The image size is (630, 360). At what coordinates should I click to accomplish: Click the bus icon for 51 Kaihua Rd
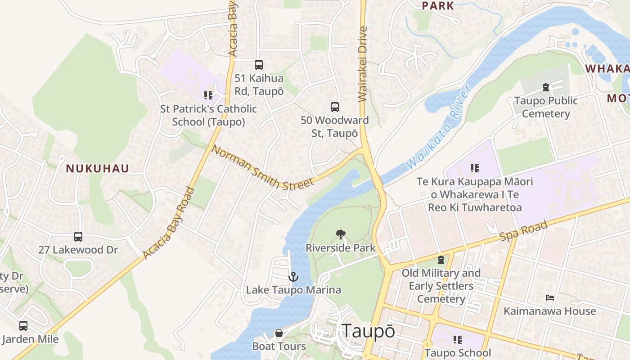tap(258, 65)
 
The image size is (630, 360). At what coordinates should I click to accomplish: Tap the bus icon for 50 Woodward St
tap(335, 107)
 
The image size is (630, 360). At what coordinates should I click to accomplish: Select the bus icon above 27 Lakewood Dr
tap(78, 237)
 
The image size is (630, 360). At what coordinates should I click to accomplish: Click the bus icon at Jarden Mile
tap(23, 326)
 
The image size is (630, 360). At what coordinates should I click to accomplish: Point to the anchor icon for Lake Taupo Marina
tap(293, 277)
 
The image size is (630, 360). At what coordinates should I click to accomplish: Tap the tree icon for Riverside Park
tap(341, 234)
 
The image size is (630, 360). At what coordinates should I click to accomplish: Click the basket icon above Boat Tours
tap(279, 333)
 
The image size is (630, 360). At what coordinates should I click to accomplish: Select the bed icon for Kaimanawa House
tap(549, 298)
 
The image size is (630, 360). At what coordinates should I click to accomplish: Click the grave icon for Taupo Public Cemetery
tap(546, 87)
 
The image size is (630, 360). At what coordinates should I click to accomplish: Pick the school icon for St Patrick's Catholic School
tap(208, 95)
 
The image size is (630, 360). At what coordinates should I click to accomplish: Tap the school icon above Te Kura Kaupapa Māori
tap(474, 168)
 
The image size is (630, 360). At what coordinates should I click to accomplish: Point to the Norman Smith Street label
tap(262, 167)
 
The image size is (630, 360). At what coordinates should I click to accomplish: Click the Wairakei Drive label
tap(363, 64)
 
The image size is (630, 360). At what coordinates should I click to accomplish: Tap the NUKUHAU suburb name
tap(98, 169)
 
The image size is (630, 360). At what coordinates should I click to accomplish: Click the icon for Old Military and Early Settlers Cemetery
tap(441, 260)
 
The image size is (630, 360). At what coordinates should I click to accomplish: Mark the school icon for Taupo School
tap(458, 340)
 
